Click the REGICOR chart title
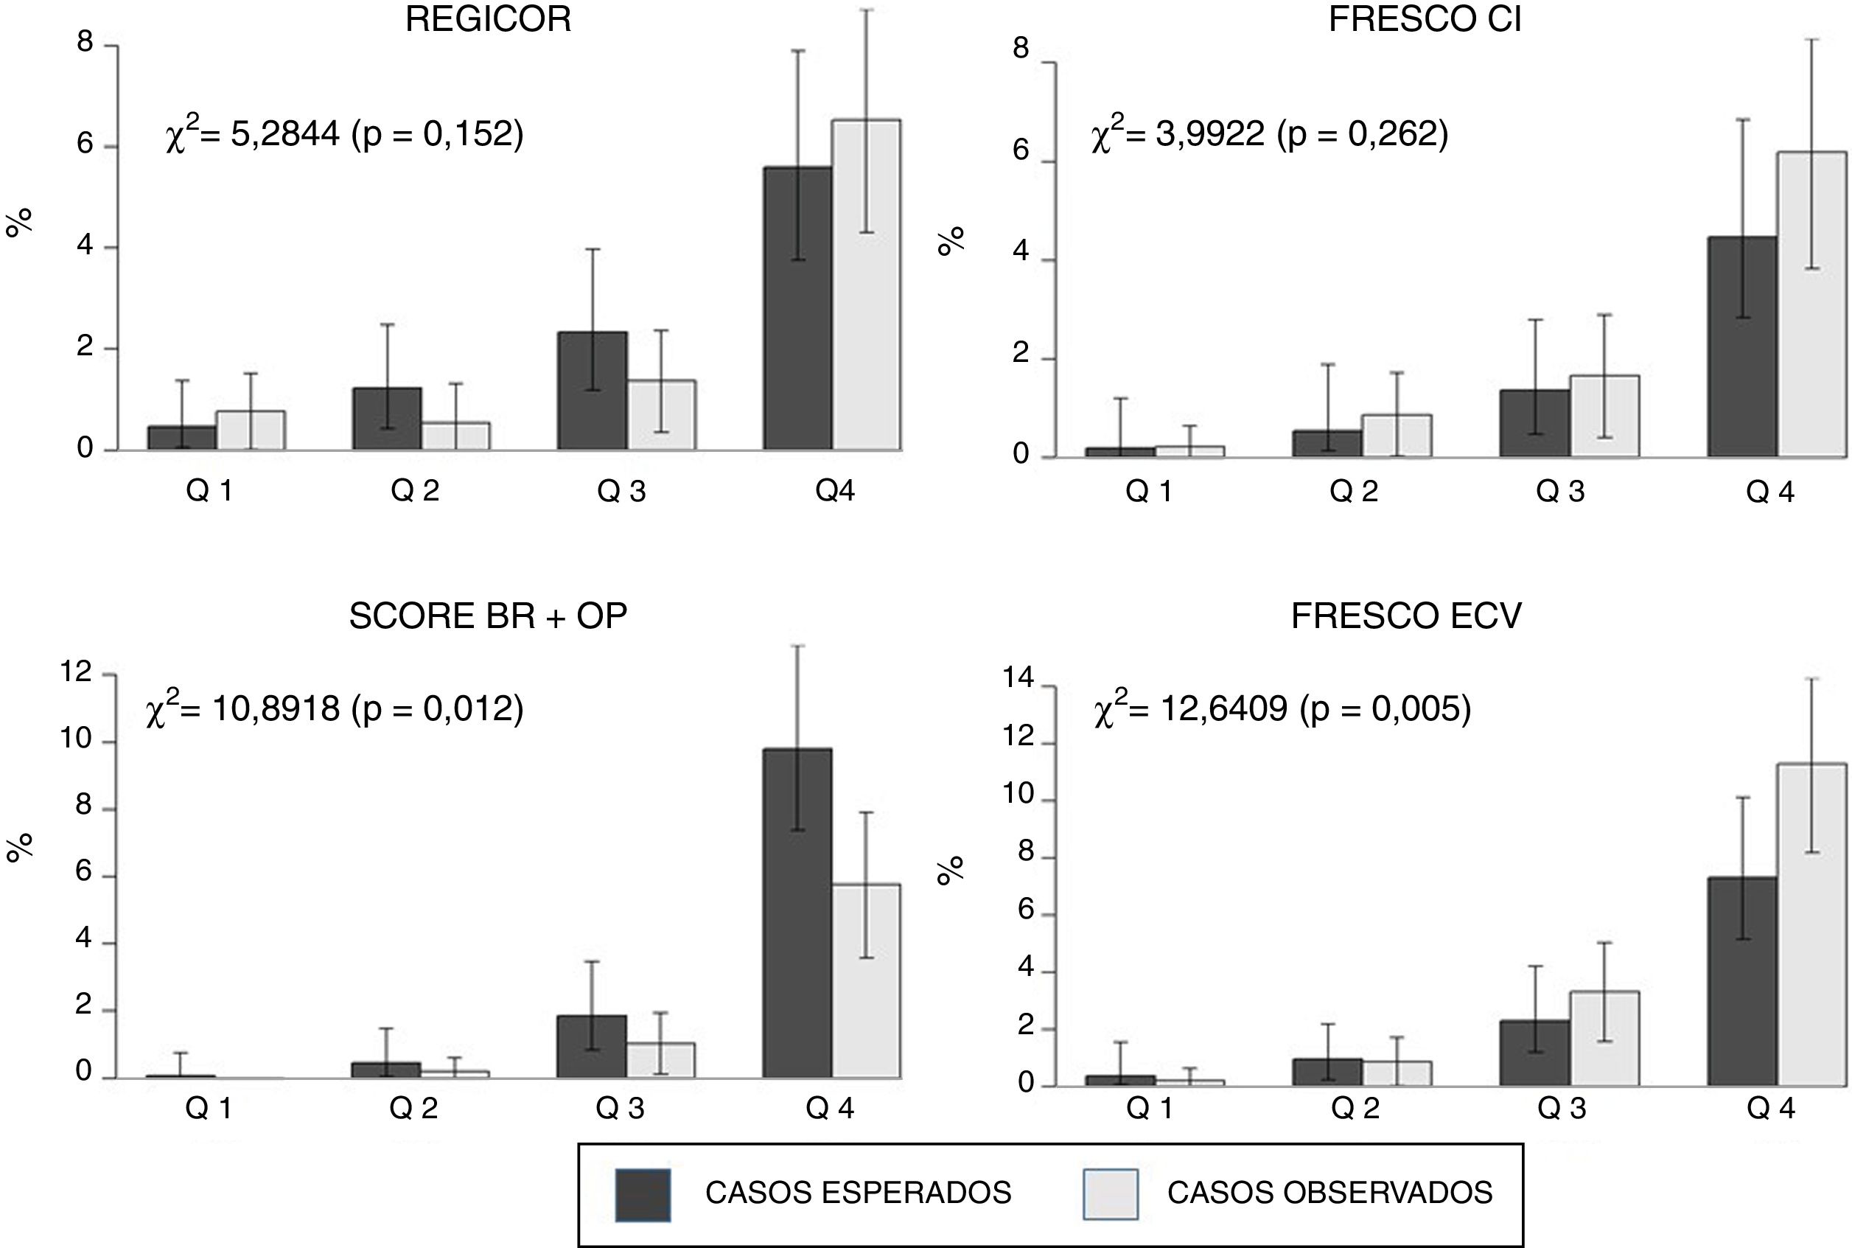point(488,19)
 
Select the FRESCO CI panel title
point(1425,19)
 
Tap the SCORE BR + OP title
point(488,616)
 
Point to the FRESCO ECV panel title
point(1405,616)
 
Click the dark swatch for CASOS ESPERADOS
point(642,1195)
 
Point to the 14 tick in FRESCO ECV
point(1018,678)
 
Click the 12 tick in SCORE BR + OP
point(77,673)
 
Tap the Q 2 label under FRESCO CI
point(1353,492)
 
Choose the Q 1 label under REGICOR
point(209,491)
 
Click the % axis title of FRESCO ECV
point(950,871)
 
